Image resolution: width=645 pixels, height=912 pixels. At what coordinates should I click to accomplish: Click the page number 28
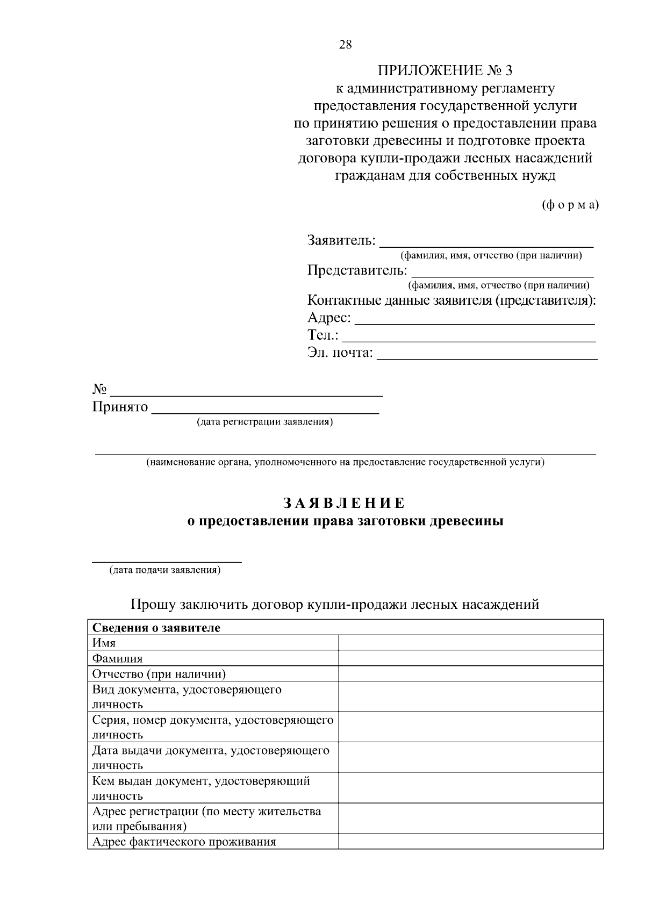(345, 45)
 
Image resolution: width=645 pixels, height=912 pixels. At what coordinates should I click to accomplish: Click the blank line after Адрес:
(475, 319)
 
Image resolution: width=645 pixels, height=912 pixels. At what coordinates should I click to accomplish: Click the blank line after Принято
(266, 408)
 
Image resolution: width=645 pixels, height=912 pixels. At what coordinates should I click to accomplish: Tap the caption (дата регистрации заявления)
(265, 422)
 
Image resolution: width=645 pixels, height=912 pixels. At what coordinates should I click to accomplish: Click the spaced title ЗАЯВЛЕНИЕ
(345, 504)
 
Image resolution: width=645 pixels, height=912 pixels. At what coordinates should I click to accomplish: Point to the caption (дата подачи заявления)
(165, 570)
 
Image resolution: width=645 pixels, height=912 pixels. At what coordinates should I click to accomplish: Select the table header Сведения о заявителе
(156, 628)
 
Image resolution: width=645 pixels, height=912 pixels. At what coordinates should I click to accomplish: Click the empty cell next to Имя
(470, 643)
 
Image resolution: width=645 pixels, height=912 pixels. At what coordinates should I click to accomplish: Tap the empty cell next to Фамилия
(470, 658)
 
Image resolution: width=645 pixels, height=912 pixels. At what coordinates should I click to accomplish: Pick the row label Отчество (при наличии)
(159, 674)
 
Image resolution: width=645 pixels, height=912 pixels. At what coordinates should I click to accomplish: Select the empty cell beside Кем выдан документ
(470, 788)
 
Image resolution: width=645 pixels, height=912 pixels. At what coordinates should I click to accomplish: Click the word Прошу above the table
(153, 605)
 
